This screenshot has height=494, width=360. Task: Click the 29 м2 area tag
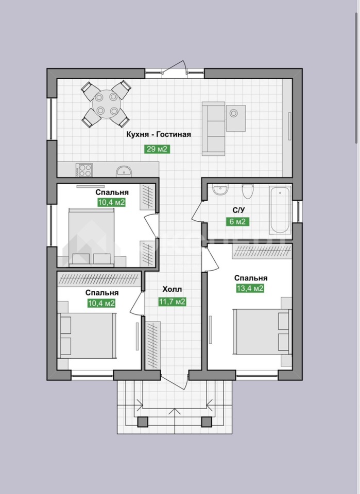[157, 149]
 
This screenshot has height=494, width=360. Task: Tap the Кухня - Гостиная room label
[159, 134]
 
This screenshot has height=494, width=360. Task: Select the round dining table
[106, 103]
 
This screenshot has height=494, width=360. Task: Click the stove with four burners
[84, 170]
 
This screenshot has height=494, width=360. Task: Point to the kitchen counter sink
[124, 171]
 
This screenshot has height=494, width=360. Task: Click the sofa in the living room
[213, 129]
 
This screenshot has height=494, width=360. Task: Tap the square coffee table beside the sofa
[236, 118]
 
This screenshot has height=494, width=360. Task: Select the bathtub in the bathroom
[280, 210]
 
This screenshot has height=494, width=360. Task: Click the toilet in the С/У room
[248, 191]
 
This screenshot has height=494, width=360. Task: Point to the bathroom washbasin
[220, 190]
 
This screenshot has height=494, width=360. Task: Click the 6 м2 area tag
[237, 221]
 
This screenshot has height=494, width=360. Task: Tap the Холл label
[172, 289]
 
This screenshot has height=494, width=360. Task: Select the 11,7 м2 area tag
[172, 302]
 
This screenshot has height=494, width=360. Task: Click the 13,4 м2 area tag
[250, 288]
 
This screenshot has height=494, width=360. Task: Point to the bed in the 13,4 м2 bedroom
[262, 331]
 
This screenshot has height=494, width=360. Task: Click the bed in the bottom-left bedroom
[87, 336]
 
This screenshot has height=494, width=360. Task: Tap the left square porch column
[143, 421]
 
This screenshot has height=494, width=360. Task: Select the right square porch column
[207, 421]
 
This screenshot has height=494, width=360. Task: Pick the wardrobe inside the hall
[153, 345]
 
